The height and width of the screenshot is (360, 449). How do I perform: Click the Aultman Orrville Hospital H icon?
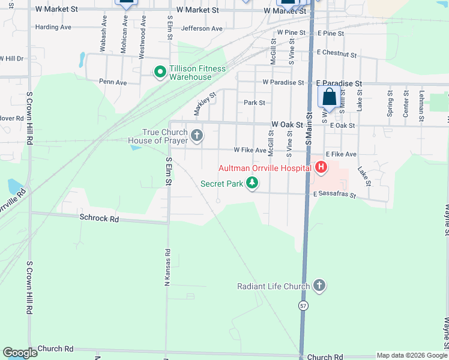pyautogui.click(x=321, y=167)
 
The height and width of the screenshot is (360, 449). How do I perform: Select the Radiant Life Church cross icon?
pyautogui.click(x=319, y=286)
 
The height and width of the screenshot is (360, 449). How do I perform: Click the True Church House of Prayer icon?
pyautogui.click(x=197, y=136)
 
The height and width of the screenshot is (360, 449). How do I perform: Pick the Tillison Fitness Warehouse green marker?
pyautogui.click(x=160, y=73)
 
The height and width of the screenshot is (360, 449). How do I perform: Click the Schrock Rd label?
pyautogui.click(x=99, y=218)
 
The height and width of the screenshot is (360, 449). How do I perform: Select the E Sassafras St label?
pyautogui.click(x=334, y=196)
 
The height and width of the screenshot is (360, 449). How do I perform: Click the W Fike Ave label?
pyautogui.click(x=250, y=150)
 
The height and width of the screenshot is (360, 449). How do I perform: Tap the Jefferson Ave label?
pyautogui.click(x=202, y=28)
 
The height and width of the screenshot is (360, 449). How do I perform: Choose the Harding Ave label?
pyautogui.click(x=53, y=27)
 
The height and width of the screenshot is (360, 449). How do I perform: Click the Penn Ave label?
pyautogui.click(x=113, y=82)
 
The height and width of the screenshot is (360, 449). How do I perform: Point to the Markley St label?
pyautogui.click(x=205, y=103)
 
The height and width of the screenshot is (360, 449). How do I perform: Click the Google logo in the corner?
pyautogui.click(x=20, y=353)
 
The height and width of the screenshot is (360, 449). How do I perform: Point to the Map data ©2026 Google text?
pyautogui.click(x=412, y=355)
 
